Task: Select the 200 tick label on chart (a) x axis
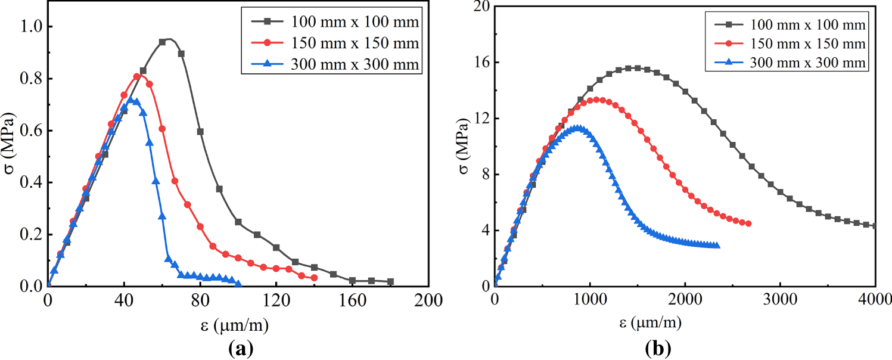click(x=428, y=300)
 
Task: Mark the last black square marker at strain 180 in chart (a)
click(x=390, y=281)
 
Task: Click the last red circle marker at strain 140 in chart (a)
click(x=314, y=278)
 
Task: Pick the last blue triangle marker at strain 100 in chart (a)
click(x=238, y=284)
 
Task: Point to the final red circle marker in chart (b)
click(x=748, y=224)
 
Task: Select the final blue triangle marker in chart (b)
click(x=717, y=246)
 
